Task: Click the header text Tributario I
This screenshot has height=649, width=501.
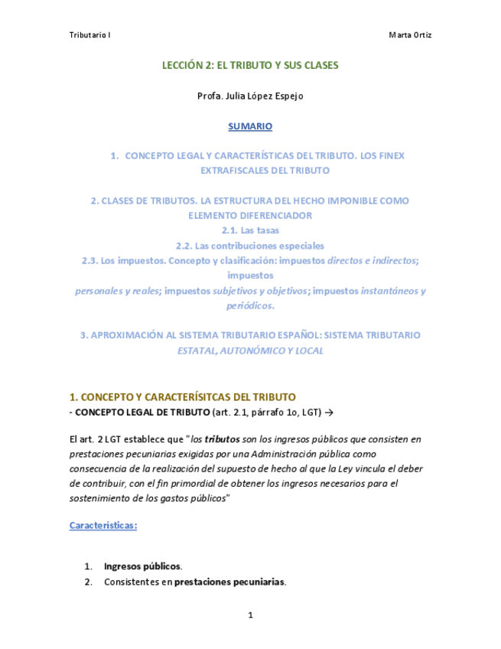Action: (89, 36)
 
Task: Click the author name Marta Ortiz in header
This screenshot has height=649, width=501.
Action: (410, 36)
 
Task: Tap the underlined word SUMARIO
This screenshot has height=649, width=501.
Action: (250, 126)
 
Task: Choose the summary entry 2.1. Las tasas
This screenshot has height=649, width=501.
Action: (250, 230)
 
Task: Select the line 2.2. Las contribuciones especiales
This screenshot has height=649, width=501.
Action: (250, 246)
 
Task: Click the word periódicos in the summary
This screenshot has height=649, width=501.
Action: (250, 305)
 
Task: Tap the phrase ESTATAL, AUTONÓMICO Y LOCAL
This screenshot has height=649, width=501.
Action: (250, 351)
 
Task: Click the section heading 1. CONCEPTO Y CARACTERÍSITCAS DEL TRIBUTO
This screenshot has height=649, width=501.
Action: (182, 397)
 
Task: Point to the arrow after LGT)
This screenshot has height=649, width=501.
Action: (329, 413)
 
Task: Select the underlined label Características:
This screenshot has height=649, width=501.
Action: (103, 526)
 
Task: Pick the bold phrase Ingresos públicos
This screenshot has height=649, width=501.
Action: (143, 566)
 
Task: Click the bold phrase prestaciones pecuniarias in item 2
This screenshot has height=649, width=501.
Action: (229, 582)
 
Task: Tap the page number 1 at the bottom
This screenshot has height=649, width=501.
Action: (250, 615)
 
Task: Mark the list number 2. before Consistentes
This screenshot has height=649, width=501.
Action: (88, 582)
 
